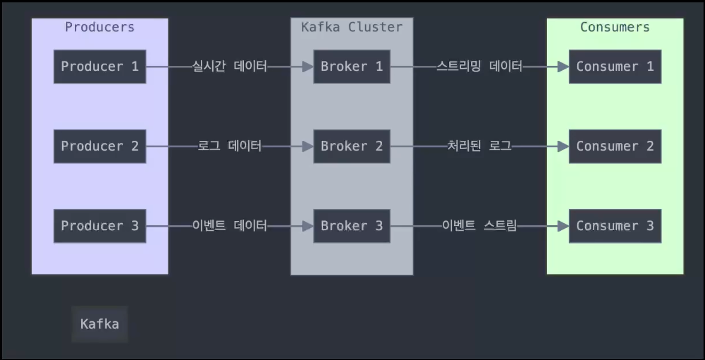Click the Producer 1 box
(100, 67)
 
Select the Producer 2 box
(100, 146)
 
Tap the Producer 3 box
(100, 226)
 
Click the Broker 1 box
(352, 67)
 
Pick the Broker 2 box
(352, 146)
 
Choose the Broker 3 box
(352, 226)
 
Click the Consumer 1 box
(615, 67)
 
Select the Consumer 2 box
(615, 146)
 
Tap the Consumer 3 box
(615, 226)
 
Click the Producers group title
(100, 27)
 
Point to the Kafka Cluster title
(352, 27)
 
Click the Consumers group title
(615, 27)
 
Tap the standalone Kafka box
(100, 324)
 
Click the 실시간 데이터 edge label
(230, 66)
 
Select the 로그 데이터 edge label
(230, 146)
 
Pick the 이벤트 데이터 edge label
(230, 226)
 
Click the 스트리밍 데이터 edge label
(479, 66)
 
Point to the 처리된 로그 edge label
(479, 146)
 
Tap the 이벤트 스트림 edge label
(479, 226)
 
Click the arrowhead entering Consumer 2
(563, 146)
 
